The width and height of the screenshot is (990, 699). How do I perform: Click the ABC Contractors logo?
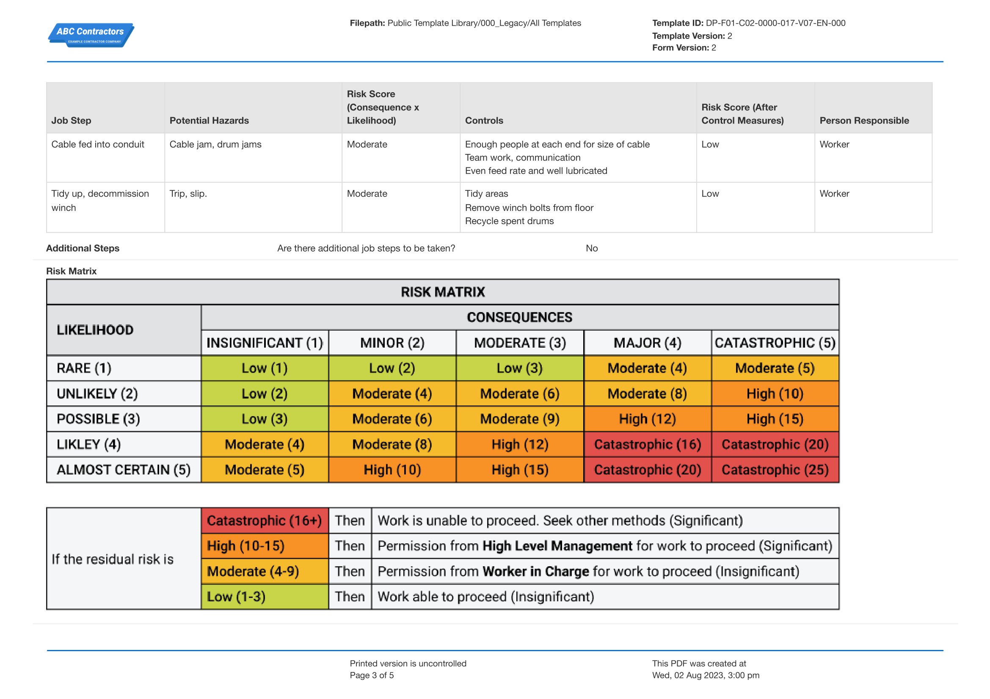pyautogui.click(x=91, y=35)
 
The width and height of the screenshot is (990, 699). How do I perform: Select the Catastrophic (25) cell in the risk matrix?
pyautogui.click(x=775, y=469)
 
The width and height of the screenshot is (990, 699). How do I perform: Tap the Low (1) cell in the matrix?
pyautogui.click(x=264, y=368)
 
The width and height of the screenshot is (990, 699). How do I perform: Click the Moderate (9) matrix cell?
pyautogui.click(x=520, y=419)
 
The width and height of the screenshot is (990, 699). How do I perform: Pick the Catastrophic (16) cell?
pyautogui.click(x=647, y=444)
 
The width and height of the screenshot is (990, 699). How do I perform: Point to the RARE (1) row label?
pyautogui.click(x=84, y=368)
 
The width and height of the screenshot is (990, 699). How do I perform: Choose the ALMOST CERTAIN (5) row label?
pyautogui.click(x=123, y=469)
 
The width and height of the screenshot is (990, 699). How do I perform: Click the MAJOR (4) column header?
pyautogui.click(x=647, y=343)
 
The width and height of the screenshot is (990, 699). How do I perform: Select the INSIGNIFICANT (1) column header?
pyautogui.click(x=264, y=343)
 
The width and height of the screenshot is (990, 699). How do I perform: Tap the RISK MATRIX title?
pyautogui.click(x=442, y=292)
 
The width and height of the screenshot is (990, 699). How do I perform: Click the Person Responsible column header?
pyautogui.click(x=864, y=121)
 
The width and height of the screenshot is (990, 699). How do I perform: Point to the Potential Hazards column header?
pyautogui.click(x=209, y=121)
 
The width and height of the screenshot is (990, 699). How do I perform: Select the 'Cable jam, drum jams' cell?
pyautogui.click(x=215, y=144)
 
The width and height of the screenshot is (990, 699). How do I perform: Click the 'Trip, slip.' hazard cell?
pyautogui.click(x=188, y=194)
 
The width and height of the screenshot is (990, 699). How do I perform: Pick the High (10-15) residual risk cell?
pyautogui.click(x=246, y=545)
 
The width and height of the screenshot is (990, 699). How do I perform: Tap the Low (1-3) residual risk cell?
pyautogui.click(x=236, y=597)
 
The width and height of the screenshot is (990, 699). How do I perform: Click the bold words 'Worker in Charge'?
pyautogui.click(x=535, y=571)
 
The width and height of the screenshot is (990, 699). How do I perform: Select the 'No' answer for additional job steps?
pyautogui.click(x=592, y=248)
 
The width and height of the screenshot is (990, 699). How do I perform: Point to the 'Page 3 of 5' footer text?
pyautogui.click(x=372, y=675)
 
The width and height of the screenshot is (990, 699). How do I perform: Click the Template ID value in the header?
pyautogui.click(x=775, y=23)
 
